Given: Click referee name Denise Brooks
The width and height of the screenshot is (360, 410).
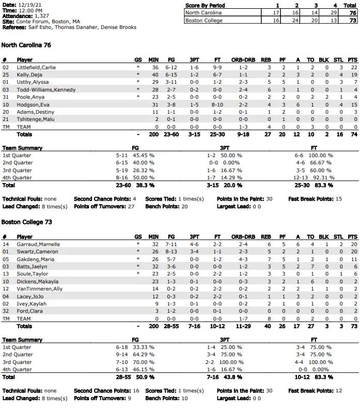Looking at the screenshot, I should [x=120, y=27].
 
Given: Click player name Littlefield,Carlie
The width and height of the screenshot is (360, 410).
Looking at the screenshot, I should [x=36, y=67].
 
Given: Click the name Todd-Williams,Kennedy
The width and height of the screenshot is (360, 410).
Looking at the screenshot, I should [x=46, y=90].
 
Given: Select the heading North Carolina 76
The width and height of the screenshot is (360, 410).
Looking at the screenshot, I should [x=26, y=45].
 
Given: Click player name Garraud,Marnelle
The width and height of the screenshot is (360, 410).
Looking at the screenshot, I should [x=38, y=244].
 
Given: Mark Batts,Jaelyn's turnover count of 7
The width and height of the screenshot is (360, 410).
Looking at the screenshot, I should [x=310, y=266].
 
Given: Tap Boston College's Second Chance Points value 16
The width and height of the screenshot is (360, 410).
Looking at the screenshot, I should [x=139, y=391].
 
